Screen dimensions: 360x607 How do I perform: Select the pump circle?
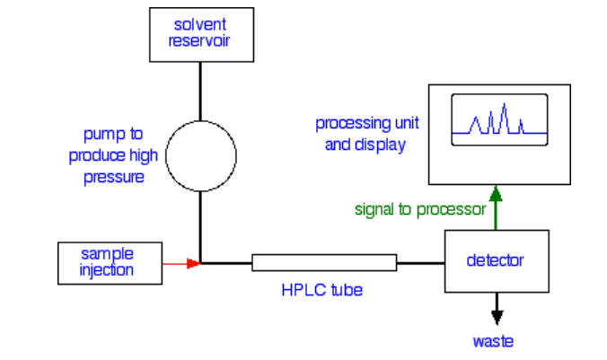coord(200,157)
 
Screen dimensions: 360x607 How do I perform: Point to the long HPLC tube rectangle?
coord(324,263)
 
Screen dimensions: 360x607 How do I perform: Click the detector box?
coord(496,261)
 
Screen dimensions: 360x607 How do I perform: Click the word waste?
coord(495,342)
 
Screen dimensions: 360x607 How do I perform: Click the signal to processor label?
coord(419,209)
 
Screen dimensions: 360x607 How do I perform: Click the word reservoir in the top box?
coord(200,40)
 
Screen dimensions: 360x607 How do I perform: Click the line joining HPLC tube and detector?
coord(420,263)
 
